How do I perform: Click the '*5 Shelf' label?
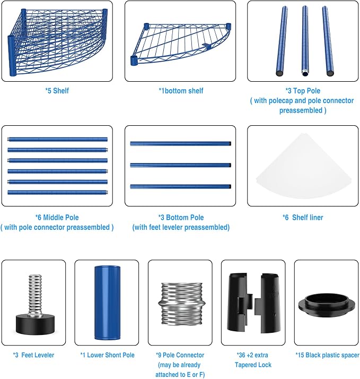click(57, 91)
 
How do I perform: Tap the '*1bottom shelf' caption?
click(181, 91)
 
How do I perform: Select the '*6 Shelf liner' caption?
click(303, 218)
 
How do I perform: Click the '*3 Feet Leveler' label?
click(33, 355)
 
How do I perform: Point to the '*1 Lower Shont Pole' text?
click(108, 355)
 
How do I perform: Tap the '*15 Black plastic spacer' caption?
click(328, 355)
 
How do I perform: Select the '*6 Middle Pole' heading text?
click(57, 218)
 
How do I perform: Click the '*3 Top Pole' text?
click(303, 91)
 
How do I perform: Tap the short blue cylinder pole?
click(107, 303)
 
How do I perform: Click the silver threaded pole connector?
click(181, 304)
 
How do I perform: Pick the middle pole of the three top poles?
click(305, 40)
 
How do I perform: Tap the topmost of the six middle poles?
click(57, 140)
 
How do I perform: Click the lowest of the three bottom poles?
click(181, 186)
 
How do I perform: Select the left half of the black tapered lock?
click(238, 303)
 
